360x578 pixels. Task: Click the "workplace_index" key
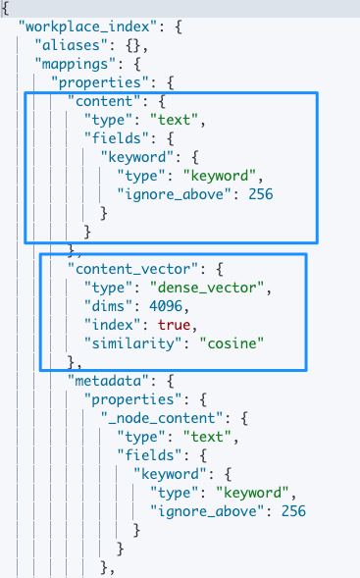click(88, 26)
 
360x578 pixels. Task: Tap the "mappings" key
click(76, 64)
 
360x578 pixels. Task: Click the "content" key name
click(104, 101)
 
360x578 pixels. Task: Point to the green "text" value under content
click(175, 120)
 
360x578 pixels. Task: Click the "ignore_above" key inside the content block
click(175, 194)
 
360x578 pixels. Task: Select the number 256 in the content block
click(261, 194)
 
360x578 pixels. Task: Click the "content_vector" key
click(133, 269)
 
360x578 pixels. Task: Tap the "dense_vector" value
click(207, 288)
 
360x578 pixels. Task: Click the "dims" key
click(108, 306)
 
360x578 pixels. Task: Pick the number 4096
click(166, 306)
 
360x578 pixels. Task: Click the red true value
click(175, 325)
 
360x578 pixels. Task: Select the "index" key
click(113, 325)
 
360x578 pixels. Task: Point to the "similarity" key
click(133, 343)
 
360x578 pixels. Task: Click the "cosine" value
click(231, 343)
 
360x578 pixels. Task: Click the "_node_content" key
click(162, 418)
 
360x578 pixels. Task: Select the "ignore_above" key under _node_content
click(207, 511)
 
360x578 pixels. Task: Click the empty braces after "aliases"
click(133, 45)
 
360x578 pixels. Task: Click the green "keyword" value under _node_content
click(252, 493)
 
